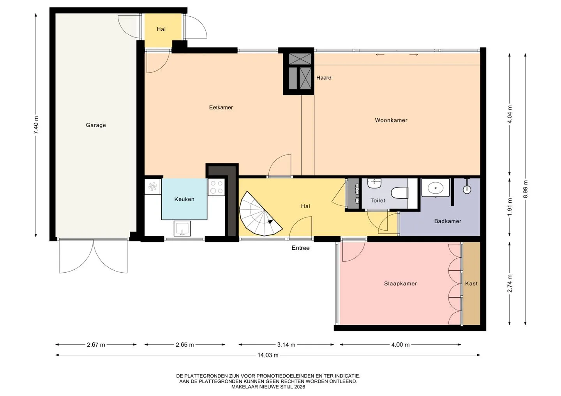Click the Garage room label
[96, 125]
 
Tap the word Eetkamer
[221, 107]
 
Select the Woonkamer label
[391, 120]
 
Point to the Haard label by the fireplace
[324, 78]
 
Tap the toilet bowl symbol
[399, 193]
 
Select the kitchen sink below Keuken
[182, 228]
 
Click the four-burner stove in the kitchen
[216, 187]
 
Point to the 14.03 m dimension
[268, 355]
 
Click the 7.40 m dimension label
[36, 125]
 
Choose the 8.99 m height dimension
[526, 189]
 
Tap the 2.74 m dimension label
[510, 283]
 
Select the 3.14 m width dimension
[286, 345]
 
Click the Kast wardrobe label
[471, 284]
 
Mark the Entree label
[300, 248]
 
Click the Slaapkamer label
[400, 284]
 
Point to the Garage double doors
[93, 255]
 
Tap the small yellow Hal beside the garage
[161, 29]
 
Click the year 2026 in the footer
[300, 387]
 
